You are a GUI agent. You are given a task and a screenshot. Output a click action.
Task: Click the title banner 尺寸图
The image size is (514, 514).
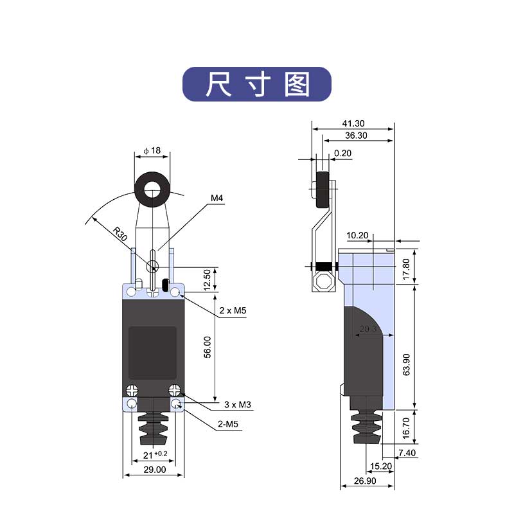(257, 84)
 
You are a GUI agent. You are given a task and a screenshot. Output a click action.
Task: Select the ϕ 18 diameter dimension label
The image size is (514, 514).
(152, 150)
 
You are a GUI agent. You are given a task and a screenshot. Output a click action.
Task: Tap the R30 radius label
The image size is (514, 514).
(119, 232)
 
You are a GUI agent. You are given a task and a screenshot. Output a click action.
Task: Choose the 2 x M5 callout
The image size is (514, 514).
(233, 311)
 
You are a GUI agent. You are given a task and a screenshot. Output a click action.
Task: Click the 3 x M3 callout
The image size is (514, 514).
(237, 405)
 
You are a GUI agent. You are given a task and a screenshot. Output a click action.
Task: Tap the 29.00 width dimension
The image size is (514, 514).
(154, 470)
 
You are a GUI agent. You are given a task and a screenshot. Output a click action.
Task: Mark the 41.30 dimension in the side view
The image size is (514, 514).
(353, 123)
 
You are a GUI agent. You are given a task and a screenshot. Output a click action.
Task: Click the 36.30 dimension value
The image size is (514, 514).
(356, 136)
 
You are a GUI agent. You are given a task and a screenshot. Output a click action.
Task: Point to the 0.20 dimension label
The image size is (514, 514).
(342, 153)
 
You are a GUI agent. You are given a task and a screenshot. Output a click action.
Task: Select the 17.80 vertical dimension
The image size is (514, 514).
(405, 264)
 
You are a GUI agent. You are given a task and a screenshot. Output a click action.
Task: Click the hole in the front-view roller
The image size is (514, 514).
(152, 190)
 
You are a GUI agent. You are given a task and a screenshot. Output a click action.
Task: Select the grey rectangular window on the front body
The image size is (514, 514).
(152, 352)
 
